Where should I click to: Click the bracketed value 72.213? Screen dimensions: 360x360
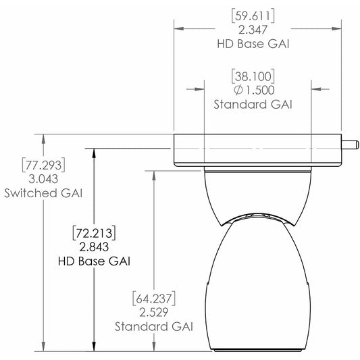pos(94,233)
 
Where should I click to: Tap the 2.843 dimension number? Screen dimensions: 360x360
pos(94,247)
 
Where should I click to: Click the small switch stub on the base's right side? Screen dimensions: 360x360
pos(350,143)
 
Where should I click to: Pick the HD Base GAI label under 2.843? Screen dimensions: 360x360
pos(94,261)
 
